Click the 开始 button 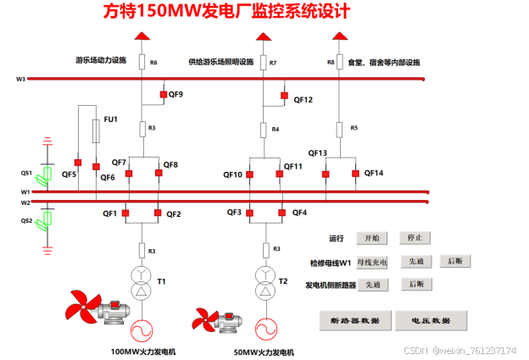click(x=372, y=238)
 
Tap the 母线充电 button click(x=372, y=262)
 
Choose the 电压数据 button click(x=432, y=320)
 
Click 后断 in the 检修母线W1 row click(x=455, y=262)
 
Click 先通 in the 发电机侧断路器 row click(x=372, y=285)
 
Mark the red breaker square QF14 click(x=354, y=174)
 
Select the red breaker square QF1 click(x=125, y=213)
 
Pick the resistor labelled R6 click(x=142, y=61)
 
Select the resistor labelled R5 click(x=339, y=129)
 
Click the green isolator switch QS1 click(x=48, y=174)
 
